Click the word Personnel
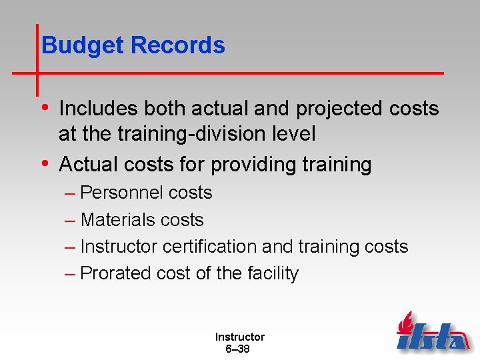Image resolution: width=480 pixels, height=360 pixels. tap(122, 193)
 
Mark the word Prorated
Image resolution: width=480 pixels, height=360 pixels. tap(115, 273)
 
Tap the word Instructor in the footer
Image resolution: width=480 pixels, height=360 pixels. tap(239, 337)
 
